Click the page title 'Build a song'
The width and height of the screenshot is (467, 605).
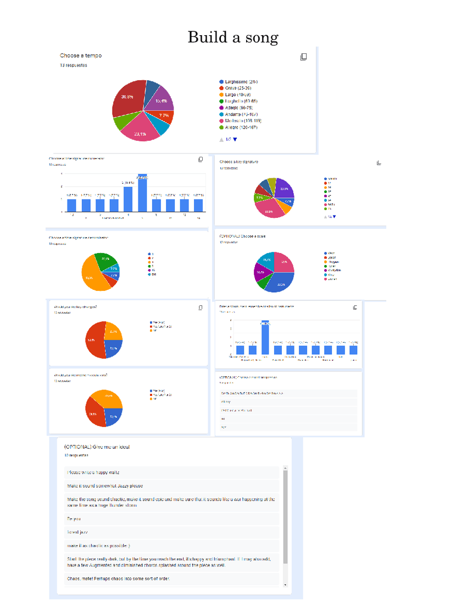[233, 37]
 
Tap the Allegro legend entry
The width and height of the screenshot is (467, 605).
[239, 128]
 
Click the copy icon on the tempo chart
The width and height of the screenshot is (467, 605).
[303, 57]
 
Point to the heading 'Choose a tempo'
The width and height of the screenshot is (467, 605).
[81, 56]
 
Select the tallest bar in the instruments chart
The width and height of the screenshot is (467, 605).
[265, 337]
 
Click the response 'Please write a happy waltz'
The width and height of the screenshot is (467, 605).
[93, 472]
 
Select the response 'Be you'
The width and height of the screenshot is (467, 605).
[74, 519]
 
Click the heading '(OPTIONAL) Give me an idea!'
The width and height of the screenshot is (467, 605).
[97, 447]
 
